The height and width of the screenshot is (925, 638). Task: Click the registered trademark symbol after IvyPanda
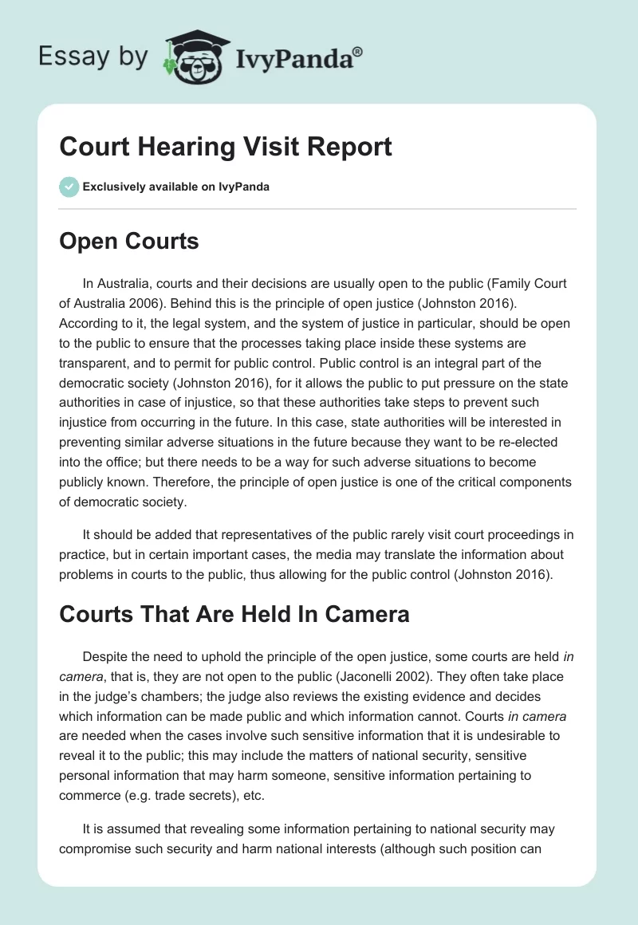coord(358,52)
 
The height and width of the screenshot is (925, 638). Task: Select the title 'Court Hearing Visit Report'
coord(226,147)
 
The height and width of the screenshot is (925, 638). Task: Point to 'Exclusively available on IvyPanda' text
coord(176,187)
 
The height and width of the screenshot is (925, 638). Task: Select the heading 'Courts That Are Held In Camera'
coord(234,614)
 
